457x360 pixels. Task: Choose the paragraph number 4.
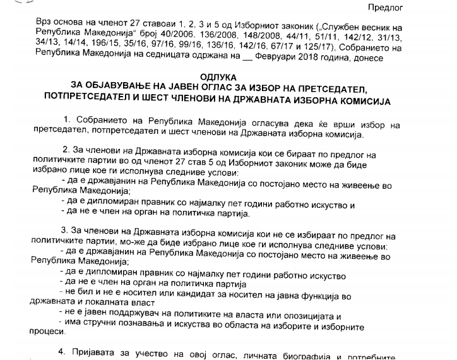[x=66, y=351]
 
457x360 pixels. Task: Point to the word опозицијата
[x=309, y=315]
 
